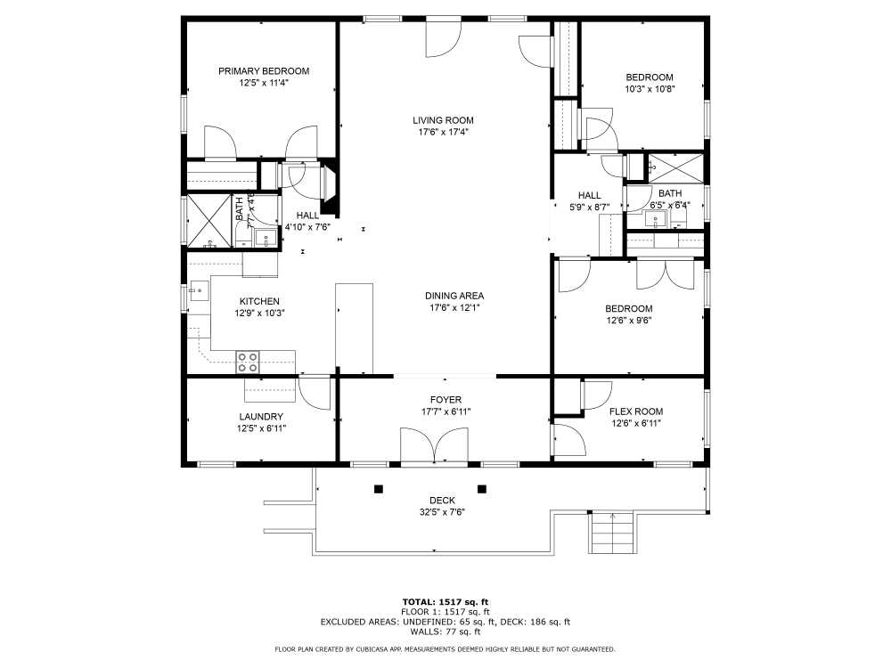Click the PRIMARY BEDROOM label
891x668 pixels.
point(264,71)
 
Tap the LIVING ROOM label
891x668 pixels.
point(443,120)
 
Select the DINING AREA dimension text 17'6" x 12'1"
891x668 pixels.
point(454,308)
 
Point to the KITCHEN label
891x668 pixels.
point(259,301)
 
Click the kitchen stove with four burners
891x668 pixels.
point(248,362)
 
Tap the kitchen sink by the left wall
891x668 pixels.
point(197,289)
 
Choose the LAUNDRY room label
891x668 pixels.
point(261,416)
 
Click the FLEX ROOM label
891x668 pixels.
point(636,411)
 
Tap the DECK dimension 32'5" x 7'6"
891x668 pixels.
point(442,512)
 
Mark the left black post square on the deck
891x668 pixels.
point(379,488)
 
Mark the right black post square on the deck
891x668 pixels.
point(482,488)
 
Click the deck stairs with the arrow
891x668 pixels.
point(613,532)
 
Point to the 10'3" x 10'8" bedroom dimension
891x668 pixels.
point(649,89)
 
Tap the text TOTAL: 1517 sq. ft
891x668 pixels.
point(445,601)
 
